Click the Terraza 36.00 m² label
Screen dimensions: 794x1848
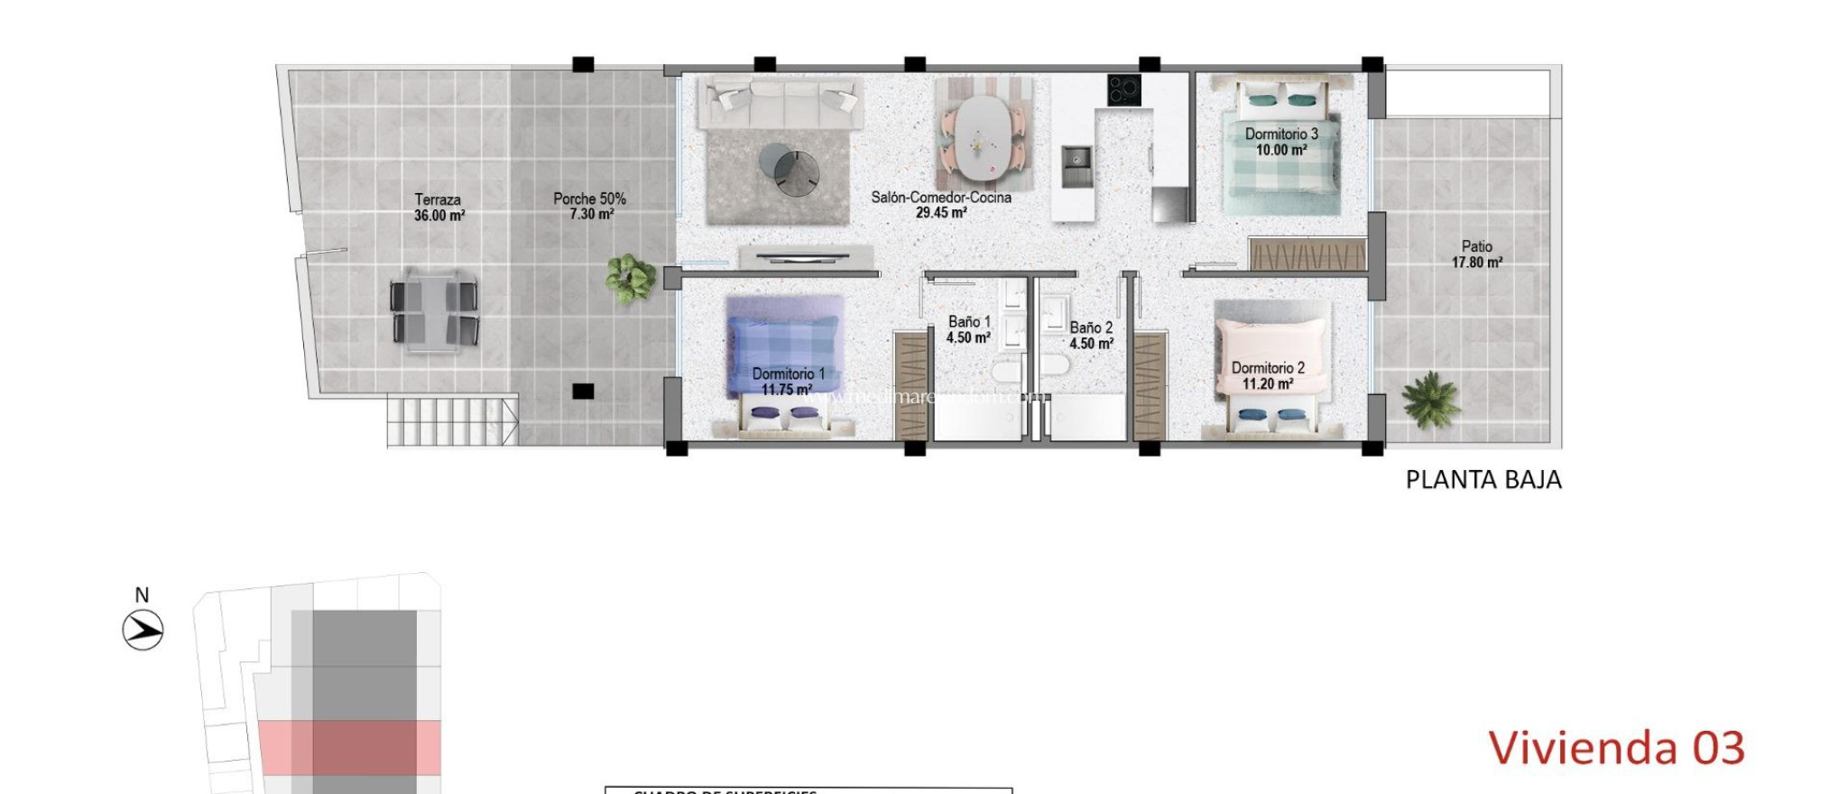(439, 208)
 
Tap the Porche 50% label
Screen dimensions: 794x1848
(590, 206)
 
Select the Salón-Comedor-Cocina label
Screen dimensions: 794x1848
(941, 205)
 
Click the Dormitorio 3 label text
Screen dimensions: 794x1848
(1281, 134)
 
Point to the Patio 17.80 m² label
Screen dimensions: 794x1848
(1476, 254)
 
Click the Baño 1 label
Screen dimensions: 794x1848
(969, 329)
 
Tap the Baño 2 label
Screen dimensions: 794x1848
(1091, 336)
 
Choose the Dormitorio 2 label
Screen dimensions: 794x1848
(1268, 375)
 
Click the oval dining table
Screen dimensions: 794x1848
(983, 138)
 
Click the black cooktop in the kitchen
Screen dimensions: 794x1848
(1124, 89)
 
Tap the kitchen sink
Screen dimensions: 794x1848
(1076, 166)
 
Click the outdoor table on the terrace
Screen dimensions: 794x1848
(434, 310)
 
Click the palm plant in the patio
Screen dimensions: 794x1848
(1430, 400)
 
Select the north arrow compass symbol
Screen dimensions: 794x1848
(143, 630)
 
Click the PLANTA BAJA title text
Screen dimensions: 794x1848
(1483, 480)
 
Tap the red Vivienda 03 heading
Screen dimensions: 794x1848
(1616, 748)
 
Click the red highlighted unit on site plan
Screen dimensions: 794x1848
(350, 747)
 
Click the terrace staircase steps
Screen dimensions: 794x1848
(451, 420)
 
